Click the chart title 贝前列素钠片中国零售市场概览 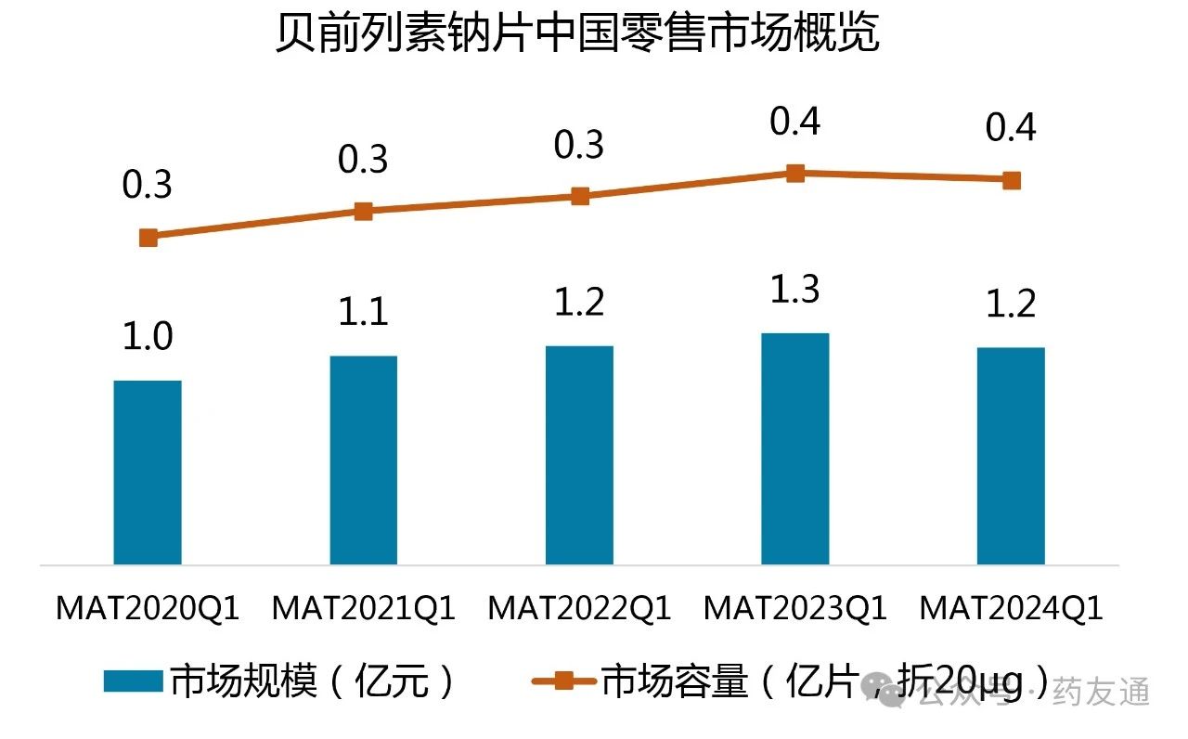pyautogui.click(x=576, y=36)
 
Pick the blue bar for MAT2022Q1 pyautogui.click(x=580, y=455)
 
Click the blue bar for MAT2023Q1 pyautogui.click(x=795, y=448)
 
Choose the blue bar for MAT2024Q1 pyautogui.click(x=1011, y=456)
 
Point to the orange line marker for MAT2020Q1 pyautogui.click(x=148, y=238)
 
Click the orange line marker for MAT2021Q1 pyautogui.click(x=364, y=212)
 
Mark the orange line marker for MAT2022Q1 pyautogui.click(x=580, y=196)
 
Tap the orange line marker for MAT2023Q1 pyautogui.click(x=795, y=173)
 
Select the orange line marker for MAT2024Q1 pyautogui.click(x=1012, y=180)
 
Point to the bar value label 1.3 pyautogui.click(x=795, y=291)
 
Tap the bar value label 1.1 pyautogui.click(x=364, y=313)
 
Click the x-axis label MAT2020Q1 pyautogui.click(x=148, y=609)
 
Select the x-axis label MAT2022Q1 pyautogui.click(x=580, y=609)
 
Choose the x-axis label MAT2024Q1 pyautogui.click(x=1011, y=609)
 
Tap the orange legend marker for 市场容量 pyautogui.click(x=563, y=682)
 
